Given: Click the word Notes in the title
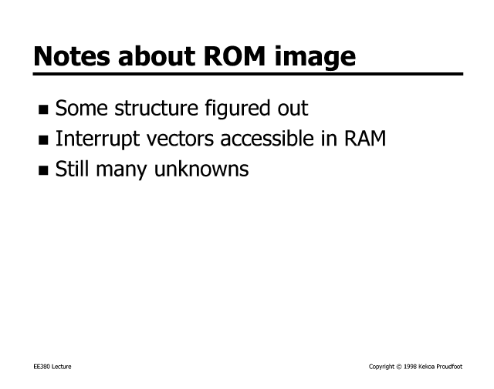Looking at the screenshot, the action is coord(72,56).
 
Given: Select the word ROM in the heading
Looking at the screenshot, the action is coord(235,56).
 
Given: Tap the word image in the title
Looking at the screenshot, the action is coord(315,57).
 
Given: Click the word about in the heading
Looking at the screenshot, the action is coord(157,55).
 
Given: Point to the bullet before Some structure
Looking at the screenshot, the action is coord(43,109).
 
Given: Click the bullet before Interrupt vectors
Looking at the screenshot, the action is coord(43,140).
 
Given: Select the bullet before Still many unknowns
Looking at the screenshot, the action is coord(43,170).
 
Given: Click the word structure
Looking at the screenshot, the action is coord(156,108).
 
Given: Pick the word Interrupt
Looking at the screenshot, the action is coord(97,139).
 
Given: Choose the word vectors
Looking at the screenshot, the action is coord(180,139).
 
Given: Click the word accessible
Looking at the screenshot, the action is coord(267,139).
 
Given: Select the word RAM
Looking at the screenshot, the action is coord(365,139).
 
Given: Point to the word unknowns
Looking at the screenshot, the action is coord(201,169).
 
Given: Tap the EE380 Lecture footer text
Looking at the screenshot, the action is coord(52,367).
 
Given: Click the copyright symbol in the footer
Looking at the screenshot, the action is coord(399,367).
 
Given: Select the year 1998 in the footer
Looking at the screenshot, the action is coord(410,367).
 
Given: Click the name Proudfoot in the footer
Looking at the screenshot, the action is coord(449,367).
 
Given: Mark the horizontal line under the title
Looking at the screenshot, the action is coord(248,74).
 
